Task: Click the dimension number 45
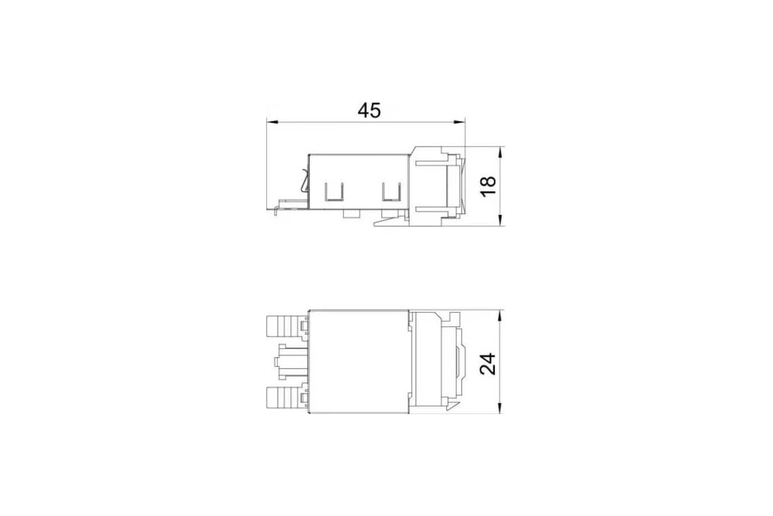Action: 369,110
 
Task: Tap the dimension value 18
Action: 488,186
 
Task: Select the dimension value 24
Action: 488,364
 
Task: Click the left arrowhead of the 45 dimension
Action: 272,122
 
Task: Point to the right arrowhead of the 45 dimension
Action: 459,122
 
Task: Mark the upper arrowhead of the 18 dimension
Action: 501,152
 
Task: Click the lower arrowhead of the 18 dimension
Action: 501,220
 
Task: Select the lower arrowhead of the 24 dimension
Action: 501,408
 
